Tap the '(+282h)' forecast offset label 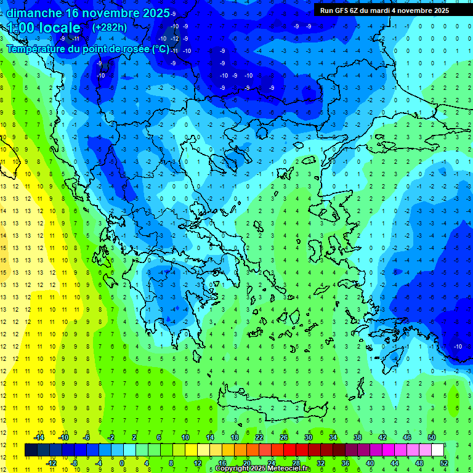(x=109, y=27)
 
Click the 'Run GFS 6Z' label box (x=384, y=10)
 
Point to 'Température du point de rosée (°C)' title (x=87, y=49)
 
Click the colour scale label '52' (x=444, y=463)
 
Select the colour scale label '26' (x=284, y=437)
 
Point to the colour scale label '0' (x=122, y=463)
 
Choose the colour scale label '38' (x=358, y=437)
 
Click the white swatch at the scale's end (x=438, y=450)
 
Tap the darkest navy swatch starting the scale (x=31, y=450)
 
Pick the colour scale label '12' (x=198, y=463)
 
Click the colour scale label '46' (x=407, y=437)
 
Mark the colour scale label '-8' (x=74, y=463)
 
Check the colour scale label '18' (x=235, y=437)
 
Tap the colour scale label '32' (x=321, y=463)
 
